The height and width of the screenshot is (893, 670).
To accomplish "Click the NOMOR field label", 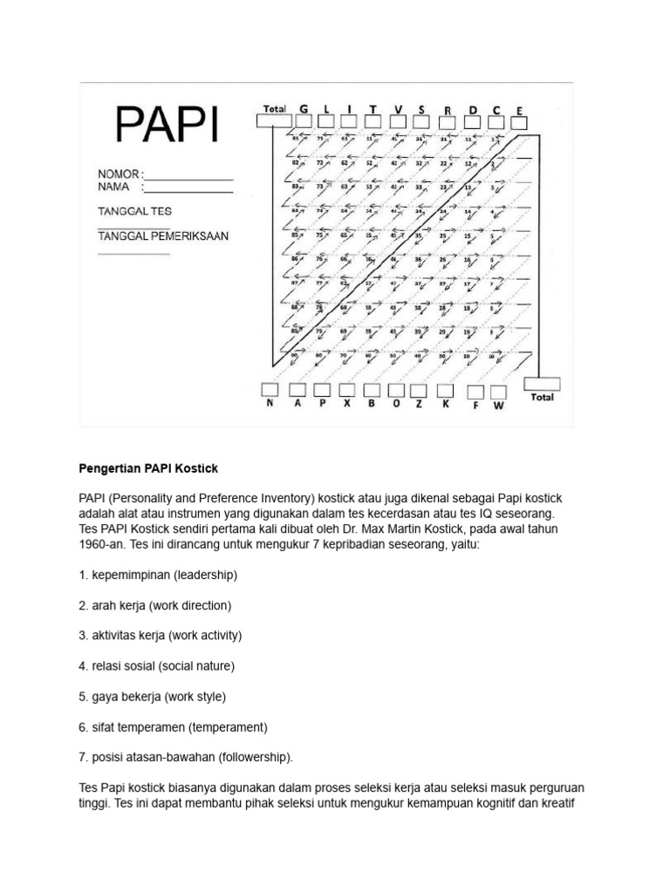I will (119, 174).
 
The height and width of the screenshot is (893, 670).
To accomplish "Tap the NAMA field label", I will (113, 187).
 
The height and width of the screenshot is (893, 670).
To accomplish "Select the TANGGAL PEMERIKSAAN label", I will (163, 236).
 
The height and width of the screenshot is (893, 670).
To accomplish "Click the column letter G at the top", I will (304, 109).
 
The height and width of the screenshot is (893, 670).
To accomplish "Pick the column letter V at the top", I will (398, 109).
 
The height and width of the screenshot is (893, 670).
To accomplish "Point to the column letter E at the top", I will (519, 111).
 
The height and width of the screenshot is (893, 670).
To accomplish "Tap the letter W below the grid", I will (499, 406).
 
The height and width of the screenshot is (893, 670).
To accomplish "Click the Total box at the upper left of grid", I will (274, 120).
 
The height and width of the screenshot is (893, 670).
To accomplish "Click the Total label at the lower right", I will (542, 398).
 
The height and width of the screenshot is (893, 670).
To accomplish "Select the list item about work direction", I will (155, 605).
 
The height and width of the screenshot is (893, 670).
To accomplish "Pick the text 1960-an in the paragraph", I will (100, 544).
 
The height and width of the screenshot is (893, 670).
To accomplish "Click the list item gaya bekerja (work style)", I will (152, 697).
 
